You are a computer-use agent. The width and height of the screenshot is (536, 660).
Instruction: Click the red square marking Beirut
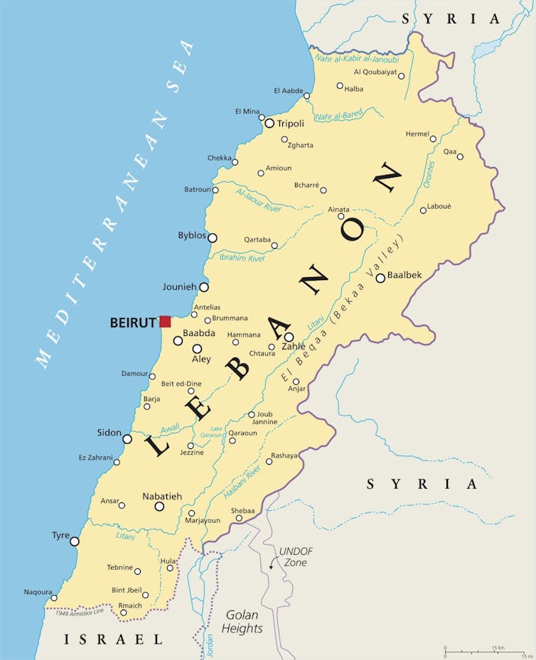pyautogui.click(x=165, y=322)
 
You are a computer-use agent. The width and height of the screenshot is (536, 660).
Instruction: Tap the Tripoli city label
pyautogui.click(x=290, y=124)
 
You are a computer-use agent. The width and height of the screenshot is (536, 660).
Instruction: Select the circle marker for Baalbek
pyautogui.click(x=380, y=278)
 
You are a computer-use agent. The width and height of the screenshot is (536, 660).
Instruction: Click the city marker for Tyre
pyautogui.click(x=75, y=541)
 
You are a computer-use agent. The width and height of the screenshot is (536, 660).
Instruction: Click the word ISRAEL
pyautogui.click(x=114, y=639)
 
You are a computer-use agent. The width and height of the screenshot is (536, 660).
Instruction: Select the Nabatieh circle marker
pyautogui.click(x=159, y=507)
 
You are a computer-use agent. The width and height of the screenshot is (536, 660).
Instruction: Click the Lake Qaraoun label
pyautogui.click(x=216, y=432)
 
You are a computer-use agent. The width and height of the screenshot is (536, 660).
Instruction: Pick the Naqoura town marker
pyautogui.click(x=53, y=598)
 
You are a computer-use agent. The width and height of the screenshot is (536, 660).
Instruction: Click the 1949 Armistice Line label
pyautogui.click(x=79, y=612)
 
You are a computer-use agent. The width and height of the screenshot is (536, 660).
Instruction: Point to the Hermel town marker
pyautogui.click(x=433, y=139)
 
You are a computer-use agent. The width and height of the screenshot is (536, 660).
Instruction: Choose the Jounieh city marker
pyautogui.click(x=204, y=287)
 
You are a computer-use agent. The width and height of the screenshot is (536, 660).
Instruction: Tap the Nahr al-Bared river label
pyautogui.click(x=338, y=114)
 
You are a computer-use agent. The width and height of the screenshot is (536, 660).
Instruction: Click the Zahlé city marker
pyautogui.click(x=289, y=337)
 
